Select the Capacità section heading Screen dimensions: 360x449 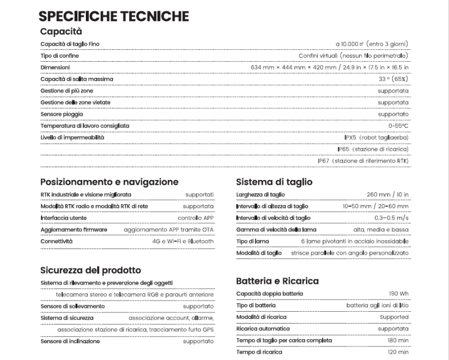[x=61, y=32]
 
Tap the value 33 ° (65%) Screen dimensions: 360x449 [x=393, y=79]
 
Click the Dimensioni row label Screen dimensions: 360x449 [x=55, y=67]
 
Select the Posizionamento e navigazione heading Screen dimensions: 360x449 [x=109, y=182]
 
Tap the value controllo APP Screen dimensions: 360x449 [x=196, y=218]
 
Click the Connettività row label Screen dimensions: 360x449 [x=57, y=241]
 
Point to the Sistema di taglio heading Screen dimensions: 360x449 [x=274, y=182]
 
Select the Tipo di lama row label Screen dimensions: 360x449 [x=253, y=241]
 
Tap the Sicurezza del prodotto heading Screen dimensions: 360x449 [x=91, y=270]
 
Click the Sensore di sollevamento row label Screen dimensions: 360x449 [x=72, y=306]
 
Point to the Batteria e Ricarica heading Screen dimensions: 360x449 [x=278, y=280]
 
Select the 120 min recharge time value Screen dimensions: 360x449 [x=398, y=352]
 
